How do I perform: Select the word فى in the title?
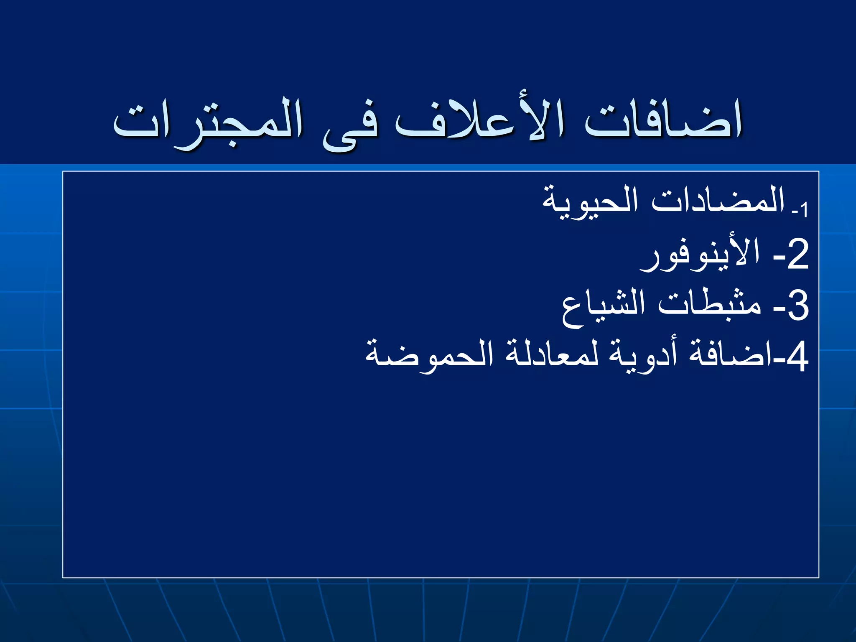tap(351, 125)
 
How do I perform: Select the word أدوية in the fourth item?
tap(643, 355)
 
